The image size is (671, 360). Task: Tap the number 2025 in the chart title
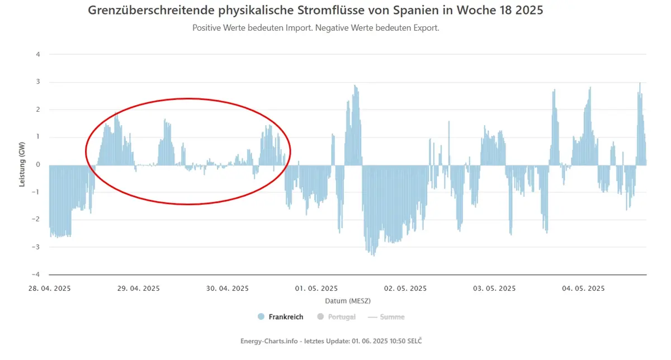pyautogui.click(x=529, y=10)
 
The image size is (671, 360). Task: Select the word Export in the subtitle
pyautogui.click(x=426, y=28)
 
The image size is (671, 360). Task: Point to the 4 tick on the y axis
pyautogui.click(x=38, y=55)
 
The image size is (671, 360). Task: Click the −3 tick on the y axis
pyautogui.click(x=36, y=247)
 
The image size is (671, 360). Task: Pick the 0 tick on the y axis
pyautogui.click(x=38, y=164)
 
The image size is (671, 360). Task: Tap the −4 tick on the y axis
pyautogui.click(x=36, y=274)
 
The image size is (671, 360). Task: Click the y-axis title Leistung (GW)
pyautogui.click(x=22, y=164)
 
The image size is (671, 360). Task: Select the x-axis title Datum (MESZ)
pyautogui.click(x=348, y=301)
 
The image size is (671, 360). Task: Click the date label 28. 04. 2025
pyautogui.click(x=49, y=288)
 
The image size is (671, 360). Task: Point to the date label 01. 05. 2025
pyautogui.click(x=316, y=288)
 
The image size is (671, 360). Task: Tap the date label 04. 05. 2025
pyautogui.click(x=583, y=288)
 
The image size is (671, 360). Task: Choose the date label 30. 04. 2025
pyautogui.click(x=228, y=288)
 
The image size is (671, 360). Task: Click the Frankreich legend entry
pyautogui.click(x=286, y=317)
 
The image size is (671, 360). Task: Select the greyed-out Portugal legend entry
pyautogui.click(x=342, y=317)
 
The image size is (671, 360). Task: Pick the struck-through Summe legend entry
pyautogui.click(x=392, y=317)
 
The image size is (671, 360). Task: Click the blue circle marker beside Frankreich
pyautogui.click(x=261, y=316)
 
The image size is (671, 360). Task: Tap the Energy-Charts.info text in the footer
pyautogui.click(x=269, y=341)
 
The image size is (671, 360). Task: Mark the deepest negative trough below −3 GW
pyautogui.click(x=374, y=255)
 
